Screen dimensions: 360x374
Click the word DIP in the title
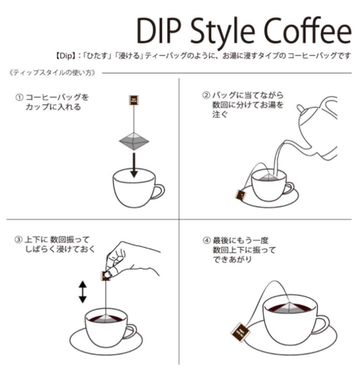click(x=158, y=31)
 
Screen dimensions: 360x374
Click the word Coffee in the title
click(x=307, y=31)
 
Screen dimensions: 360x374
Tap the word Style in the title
click(x=223, y=32)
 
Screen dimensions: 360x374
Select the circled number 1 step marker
click(x=19, y=98)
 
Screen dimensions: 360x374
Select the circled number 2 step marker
click(x=205, y=95)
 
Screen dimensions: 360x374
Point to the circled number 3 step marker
click(x=18, y=240)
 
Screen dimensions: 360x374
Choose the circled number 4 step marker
click(x=206, y=240)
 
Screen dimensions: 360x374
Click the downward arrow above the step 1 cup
click(x=134, y=165)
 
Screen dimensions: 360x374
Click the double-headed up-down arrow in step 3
click(x=82, y=292)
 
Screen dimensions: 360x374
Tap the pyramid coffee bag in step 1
click(x=134, y=140)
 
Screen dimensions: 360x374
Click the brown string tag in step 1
click(x=134, y=100)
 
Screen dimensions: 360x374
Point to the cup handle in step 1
click(x=157, y=192)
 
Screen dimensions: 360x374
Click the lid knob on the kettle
click(x=301, y=109)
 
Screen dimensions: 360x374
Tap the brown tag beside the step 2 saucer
click(x=241, y=195)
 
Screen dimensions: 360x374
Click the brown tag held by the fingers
click(x=106, y=276)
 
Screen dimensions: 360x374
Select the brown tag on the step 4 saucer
click(x=240, y=332)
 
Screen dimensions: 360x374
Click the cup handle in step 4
click(x=322, y=324)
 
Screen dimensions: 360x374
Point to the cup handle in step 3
click(x=130, y=331)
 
